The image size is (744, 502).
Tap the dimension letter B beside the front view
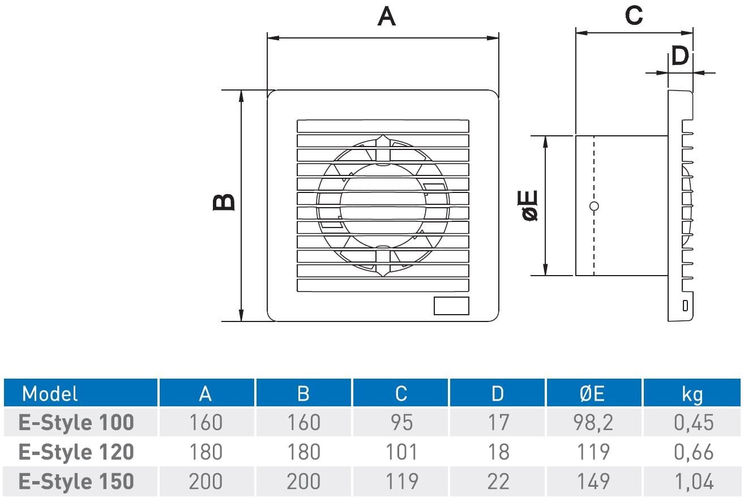[224, 202]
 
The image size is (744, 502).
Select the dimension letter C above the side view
[634, 15]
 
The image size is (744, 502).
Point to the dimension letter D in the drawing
[680, 56]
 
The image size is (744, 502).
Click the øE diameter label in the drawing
[528, 205]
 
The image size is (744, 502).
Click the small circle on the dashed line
[594, 206]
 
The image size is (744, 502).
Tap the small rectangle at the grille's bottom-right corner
[451, 306]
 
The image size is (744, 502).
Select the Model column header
[50, 394]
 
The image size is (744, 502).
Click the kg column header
[692, 395]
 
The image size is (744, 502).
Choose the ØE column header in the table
[592, 394]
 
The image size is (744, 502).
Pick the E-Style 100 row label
[76, 422]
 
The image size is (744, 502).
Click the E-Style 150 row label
[76, 482]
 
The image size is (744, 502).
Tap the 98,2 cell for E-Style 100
[593, 423]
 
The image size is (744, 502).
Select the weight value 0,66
[694, 452]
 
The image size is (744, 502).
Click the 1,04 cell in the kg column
[694, 482]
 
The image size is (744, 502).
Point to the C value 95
[402, 422]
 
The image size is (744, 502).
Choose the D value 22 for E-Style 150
[498, 482]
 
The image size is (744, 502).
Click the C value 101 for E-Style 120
[401, 452]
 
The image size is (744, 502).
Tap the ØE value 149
[593, 482]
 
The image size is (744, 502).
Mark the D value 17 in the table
[498, 422]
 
